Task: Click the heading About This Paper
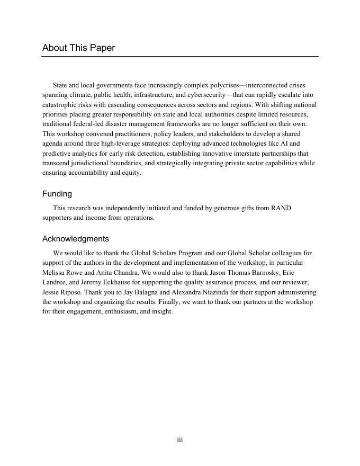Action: click(78, 48)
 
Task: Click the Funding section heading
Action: click(57, 194)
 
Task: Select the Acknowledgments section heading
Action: click(76, 239)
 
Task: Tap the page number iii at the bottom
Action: click(180, 440)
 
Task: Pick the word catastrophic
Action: click(59, 105)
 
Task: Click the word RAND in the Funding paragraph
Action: click(281, 208)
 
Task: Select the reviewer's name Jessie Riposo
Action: click(60, 292)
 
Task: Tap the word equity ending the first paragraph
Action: click(131, 173)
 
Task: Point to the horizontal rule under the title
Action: click(180, 57)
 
